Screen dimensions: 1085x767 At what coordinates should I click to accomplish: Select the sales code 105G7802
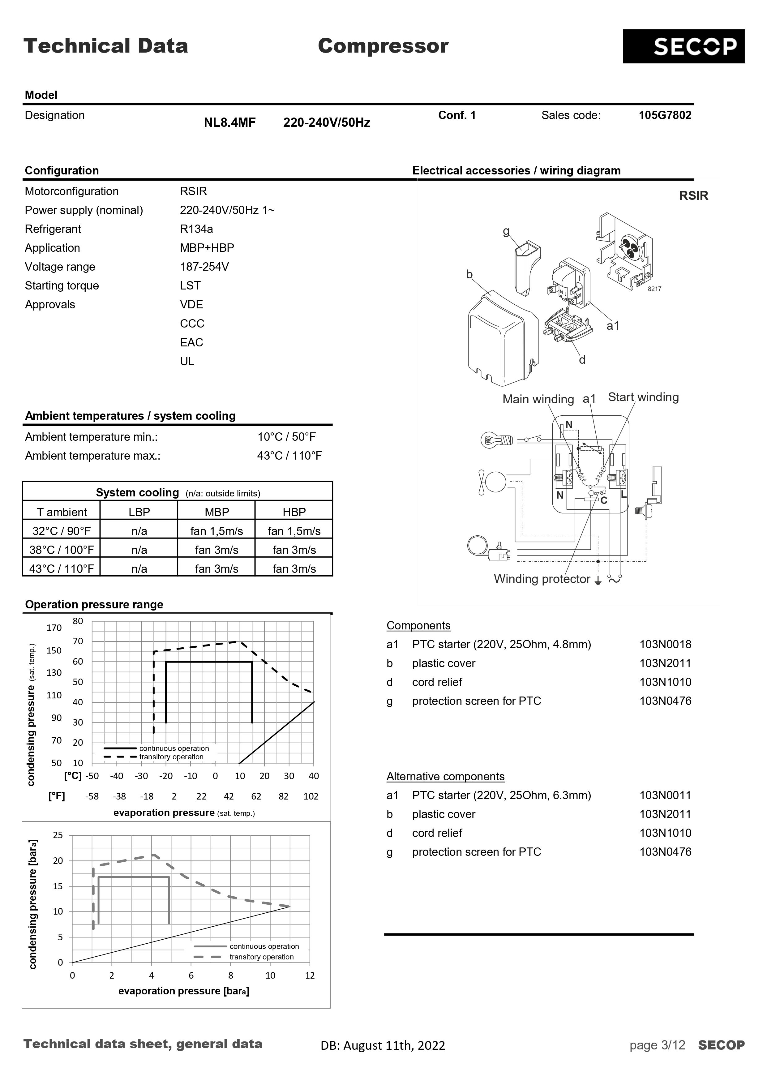pyautogui.click(x=664, y=115)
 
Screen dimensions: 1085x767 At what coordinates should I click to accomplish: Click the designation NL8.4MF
pyautogui.click(x=230, y=123)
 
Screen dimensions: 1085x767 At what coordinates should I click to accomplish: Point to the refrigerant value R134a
pyautogui.click(x=196, y=229)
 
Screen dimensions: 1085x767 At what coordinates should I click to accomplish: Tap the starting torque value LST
pyautogui.click(x=190, y=286)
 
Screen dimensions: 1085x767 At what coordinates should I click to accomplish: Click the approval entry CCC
pyautogui.click(x=192, y=324)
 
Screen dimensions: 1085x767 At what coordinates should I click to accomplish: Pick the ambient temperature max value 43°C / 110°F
pyautogui.click(x=289, y=456)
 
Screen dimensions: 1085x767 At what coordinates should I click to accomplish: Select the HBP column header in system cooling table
pyautogui.click(x=294, y=512)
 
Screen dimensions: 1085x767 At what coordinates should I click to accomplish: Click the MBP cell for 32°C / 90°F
pyautogui.click(x=216, y=531)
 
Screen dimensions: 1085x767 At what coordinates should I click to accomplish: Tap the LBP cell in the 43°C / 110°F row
pyautogui.click(x=139, y=569)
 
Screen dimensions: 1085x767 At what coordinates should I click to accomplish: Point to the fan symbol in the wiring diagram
pyautogui.click(x=491, y=482)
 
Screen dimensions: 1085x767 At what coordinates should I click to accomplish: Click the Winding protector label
pyautogui.click(x=542, y=579)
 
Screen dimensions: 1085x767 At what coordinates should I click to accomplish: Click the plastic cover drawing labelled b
pyautogui.click(x=501, y=340)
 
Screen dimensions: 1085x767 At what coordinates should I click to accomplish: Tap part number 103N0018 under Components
pyautogui.click(x=665, y=645)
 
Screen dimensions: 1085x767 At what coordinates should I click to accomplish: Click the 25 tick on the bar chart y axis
pyautogui.click(x=58, y=835)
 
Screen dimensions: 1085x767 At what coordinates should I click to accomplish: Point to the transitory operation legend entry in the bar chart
pyautogui.click(x=261, y=957)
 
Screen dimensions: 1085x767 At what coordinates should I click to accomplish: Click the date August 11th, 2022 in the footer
pyautogui.click(x=394, y=1045)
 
